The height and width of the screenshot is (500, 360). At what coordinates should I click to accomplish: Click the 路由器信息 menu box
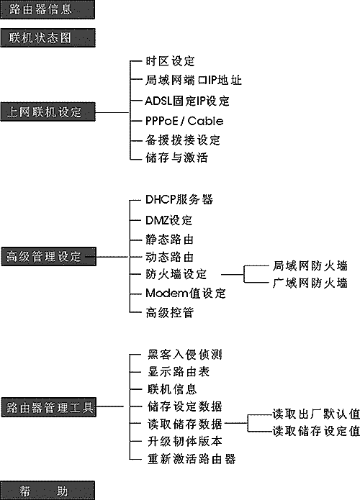(48, 9)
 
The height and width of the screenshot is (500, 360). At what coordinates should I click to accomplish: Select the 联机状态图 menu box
(48, 37)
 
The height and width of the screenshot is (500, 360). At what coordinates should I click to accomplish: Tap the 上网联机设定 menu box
(48, 112)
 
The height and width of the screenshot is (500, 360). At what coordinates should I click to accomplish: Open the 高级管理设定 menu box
(48, 256)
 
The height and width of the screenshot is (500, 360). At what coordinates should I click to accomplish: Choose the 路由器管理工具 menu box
(48, 407)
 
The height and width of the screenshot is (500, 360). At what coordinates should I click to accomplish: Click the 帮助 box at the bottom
(48, 491)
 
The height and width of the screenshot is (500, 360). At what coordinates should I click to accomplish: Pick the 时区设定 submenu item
(170, 61)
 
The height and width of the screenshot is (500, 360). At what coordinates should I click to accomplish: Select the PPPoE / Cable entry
(184, 121)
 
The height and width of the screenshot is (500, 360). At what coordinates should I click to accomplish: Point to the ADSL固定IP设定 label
(187, 101)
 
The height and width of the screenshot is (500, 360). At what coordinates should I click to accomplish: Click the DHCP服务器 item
(179, 199)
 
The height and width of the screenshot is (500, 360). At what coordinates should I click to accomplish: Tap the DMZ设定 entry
(168, 220)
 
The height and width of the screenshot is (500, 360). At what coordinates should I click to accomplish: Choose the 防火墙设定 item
(176, 274)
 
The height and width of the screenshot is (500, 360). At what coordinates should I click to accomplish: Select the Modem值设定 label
(186, 293)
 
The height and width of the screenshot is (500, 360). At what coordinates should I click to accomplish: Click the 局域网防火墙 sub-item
(310, 265)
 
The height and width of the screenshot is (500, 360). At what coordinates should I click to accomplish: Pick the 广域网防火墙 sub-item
(310, 283)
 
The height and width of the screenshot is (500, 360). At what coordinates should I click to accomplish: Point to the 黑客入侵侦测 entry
(185, 354)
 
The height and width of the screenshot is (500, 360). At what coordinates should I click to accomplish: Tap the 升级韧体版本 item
(185, 441)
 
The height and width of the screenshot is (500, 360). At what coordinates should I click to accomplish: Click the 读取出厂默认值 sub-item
(316, 414)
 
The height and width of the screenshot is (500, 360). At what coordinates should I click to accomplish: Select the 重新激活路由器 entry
(192, 459)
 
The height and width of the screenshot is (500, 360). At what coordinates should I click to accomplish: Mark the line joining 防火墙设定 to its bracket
(233, 275)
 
